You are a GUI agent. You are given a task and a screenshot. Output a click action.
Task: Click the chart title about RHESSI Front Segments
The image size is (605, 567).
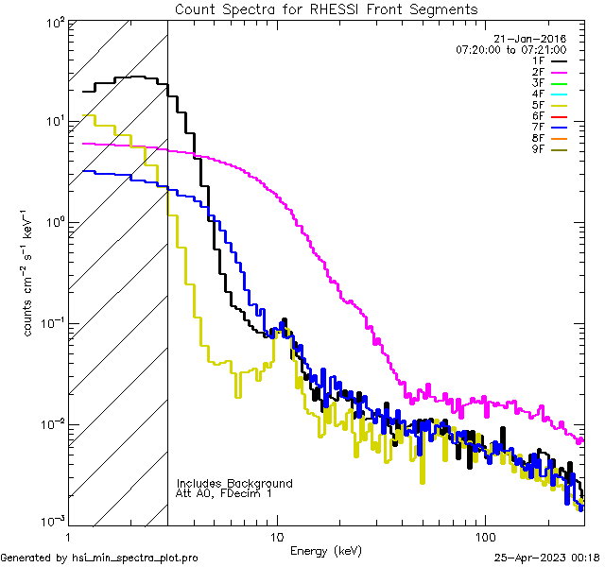tap(326, 9)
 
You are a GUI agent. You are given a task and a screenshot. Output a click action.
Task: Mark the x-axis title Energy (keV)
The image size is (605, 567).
tap(326, 550)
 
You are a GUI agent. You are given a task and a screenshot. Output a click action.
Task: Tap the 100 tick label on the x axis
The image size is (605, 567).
tap(485, 535)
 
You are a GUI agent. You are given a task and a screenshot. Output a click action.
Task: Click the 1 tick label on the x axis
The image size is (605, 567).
tap(68, 535)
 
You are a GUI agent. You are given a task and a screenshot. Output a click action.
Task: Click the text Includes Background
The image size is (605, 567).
tap(233, 483)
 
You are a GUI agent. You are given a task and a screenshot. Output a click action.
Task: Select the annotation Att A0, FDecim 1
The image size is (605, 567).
tap(224, 493)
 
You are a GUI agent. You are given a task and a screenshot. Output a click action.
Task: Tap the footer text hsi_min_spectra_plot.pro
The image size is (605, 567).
tap(135, 558)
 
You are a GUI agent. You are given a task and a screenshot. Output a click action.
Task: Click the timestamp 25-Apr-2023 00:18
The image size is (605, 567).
tap(545, 558)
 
